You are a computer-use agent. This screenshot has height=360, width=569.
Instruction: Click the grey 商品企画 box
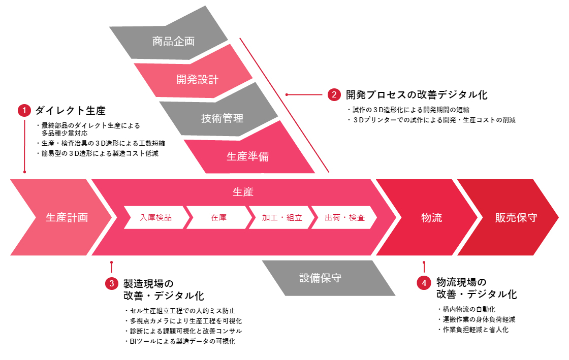(x=173, y=41)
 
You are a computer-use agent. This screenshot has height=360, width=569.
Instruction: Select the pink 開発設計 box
(x=197, y=79)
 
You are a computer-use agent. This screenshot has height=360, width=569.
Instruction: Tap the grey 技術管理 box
(x=222, y=118)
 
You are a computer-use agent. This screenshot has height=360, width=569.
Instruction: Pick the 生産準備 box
(x=247, y=156)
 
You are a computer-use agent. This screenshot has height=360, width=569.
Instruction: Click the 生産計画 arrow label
(x=67, y=217)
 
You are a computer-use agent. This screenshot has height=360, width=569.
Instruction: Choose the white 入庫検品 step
(x=155, y=218)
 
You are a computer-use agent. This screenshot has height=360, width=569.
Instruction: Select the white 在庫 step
(x=218, y=218)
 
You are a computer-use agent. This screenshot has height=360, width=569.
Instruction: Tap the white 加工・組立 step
(x=281, y=218)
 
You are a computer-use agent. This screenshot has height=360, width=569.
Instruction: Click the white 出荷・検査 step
(x=344, y=218)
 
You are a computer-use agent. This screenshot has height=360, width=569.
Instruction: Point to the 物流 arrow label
(x=431, y=217)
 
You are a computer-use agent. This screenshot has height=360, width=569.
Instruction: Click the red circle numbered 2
(x=334, y=94)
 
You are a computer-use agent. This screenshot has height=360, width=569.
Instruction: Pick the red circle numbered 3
(x=112, y=283)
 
